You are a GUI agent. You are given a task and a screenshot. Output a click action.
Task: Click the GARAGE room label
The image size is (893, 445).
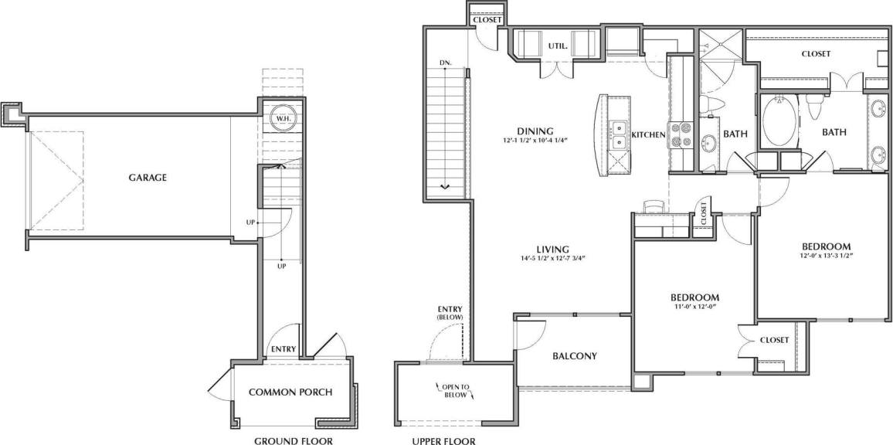(x=148, y=178)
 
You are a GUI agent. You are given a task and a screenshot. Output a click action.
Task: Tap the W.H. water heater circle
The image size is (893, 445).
(x=284, y=118)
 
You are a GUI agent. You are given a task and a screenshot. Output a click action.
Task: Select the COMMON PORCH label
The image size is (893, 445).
(x=290, y=392)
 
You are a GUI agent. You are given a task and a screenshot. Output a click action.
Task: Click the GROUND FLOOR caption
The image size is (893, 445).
(x=294, y=441)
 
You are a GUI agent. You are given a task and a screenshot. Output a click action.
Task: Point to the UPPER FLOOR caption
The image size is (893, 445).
(x=444, y=441)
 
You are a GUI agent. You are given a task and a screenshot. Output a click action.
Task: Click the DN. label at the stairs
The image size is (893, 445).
(x=446, y=62)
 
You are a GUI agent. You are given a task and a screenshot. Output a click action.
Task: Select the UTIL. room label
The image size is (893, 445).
(x=559, y=46)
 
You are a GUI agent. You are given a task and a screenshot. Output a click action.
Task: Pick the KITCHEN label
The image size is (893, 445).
(x=648, y=135)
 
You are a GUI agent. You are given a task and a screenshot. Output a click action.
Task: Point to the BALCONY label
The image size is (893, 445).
(x=576, y=356)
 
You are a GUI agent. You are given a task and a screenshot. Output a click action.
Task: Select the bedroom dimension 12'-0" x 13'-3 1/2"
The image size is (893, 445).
(x=826, y=256)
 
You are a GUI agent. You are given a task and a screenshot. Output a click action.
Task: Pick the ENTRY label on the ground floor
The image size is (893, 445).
(x=284, y=349)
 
